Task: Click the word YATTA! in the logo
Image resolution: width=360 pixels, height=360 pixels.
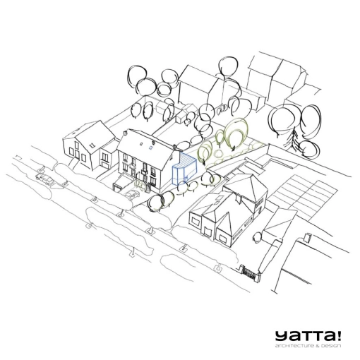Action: (x=308, y=336)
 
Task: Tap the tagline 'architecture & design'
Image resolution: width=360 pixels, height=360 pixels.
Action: (x=308, y=346)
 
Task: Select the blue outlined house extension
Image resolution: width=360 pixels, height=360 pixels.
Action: (x=185, y=168)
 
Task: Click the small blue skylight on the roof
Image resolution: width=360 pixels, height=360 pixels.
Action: (x=150, y=148)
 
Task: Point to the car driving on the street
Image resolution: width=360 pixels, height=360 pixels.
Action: (x=45, y=179)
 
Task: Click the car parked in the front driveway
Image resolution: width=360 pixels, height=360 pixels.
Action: (x=132, y=194)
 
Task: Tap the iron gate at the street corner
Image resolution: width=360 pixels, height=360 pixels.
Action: (x=250, y=272)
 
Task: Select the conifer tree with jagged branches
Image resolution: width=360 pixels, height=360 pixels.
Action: (x=295, y=139)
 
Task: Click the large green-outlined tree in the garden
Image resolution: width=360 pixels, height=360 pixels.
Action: (x=236, y=133)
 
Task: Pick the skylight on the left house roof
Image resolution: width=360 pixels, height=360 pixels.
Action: (x=92, y=144)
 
